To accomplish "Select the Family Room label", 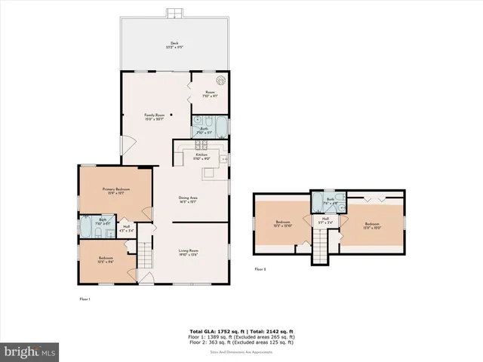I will pos(155,116).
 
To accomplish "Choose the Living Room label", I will pos(188,253).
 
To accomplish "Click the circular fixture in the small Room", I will pos(221,81).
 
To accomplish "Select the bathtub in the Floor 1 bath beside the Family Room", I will pos(220,125).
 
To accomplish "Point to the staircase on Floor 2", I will pos(321,244).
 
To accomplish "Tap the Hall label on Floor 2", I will pos(325,220).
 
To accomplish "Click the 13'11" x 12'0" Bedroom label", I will pos(372,225).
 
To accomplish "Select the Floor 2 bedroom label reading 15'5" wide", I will pos(282,223).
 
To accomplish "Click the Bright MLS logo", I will pos(30,351).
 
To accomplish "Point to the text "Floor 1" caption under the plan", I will pos(85,299).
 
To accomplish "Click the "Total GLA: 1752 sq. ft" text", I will pos(213,330).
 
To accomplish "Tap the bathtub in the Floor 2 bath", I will pos(318,204).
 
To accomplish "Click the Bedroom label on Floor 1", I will pos(106,259).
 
